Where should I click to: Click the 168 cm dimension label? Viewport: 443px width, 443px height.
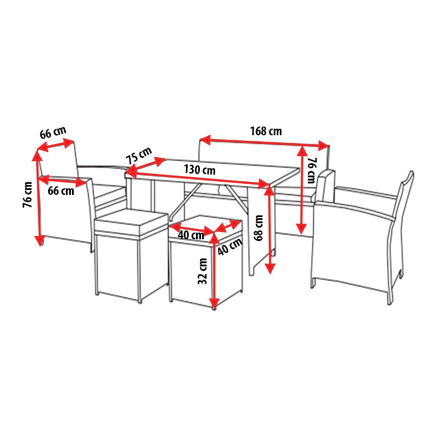click(x=266, y=131)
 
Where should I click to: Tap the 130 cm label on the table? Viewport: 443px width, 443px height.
click(x=199, y=169)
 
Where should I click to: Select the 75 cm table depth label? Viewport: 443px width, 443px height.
click(x=139, y=155)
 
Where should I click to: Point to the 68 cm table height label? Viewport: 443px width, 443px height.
click(x=258, y=228)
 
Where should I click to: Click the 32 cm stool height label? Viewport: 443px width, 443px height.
click(x=203, y=271)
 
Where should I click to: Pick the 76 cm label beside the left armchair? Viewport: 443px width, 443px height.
click(x=27, y=195)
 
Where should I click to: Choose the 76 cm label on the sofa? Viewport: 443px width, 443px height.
click(x=312, y=171)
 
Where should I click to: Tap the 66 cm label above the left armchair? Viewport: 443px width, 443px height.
click(x=53, y=132)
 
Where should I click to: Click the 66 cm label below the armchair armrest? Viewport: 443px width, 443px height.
click(x=61, y=190)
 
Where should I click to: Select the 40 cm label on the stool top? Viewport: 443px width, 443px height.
click(x=191, y=235)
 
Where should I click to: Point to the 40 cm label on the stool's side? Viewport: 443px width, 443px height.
click(x=230, y=246)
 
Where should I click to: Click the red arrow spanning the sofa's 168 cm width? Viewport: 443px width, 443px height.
click(x=265, y=143)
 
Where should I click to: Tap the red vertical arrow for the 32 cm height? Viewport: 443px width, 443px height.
click(x=214, y=271)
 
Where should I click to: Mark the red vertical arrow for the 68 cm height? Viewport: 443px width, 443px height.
click(x=270, y=230)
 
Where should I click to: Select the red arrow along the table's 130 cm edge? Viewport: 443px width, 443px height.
click(x=198, y=178)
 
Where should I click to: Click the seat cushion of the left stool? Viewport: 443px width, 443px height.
click(x=131, y=221)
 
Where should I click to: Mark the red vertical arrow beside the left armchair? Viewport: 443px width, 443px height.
click(x=38, y=197)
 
